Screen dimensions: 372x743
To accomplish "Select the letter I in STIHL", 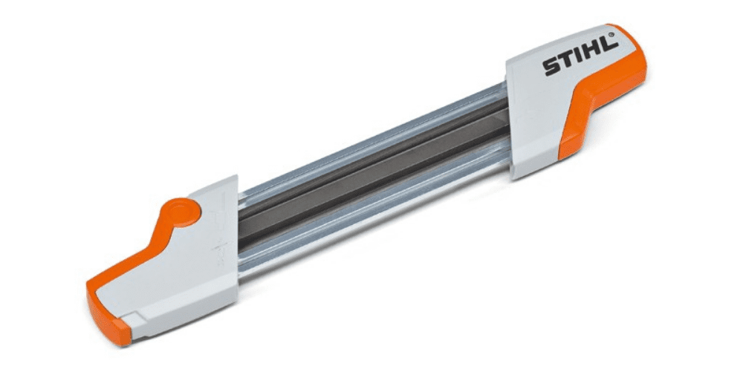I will pyautogui.click(x=580, y=56).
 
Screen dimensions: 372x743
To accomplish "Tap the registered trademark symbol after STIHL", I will pyautogui.click(x=617, y=34).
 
